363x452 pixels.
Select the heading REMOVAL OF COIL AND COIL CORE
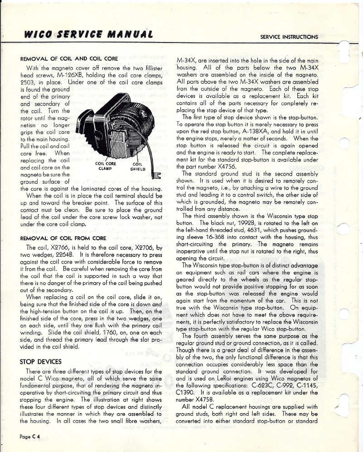pyautogui.click(x=69, y=58)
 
